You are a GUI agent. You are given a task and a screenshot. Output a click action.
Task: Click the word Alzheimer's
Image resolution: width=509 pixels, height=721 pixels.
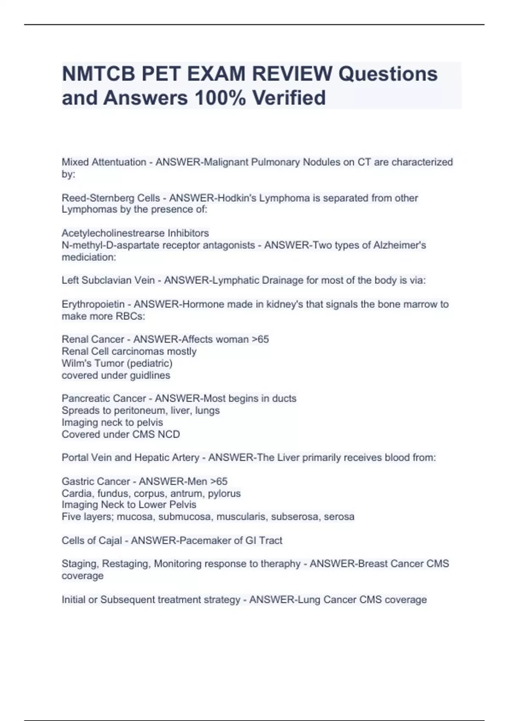[400, 245]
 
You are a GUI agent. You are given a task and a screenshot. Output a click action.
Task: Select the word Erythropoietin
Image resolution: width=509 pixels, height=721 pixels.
[93, 304]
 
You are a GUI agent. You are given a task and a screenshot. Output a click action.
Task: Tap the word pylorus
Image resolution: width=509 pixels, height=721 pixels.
[224, 493]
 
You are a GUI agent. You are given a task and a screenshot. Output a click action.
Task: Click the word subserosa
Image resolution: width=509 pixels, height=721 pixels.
[295, 517]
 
